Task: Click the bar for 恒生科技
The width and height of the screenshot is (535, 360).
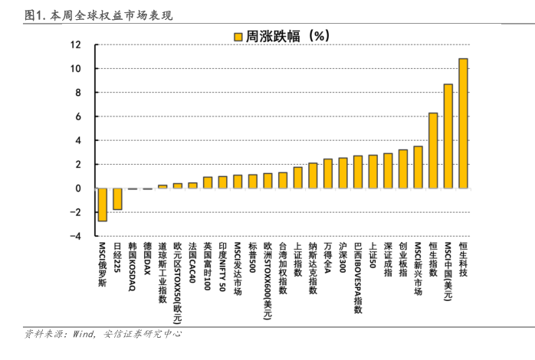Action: (463, 123)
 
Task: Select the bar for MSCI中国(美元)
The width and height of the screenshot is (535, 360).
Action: (448, 136)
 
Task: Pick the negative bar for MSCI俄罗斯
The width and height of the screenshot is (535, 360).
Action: (102, 205)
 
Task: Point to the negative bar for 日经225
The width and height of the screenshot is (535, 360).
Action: (117, 198)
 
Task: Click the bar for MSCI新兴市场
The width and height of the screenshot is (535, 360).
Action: (418, 167)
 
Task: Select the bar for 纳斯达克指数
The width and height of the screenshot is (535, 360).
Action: (313, 175)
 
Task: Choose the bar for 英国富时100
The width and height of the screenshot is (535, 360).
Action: (208, 182)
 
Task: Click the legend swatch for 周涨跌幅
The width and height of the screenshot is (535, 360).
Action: (238, 36)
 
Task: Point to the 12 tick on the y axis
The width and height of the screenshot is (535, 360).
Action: (76, 44)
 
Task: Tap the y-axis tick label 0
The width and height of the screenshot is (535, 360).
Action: (78, 188)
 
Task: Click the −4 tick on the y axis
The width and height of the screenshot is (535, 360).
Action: (75, 237)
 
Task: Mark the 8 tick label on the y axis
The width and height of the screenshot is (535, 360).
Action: (78, 93)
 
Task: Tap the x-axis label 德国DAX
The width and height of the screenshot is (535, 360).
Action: (147, 260)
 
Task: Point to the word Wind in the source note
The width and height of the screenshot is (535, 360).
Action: (85, 334)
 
